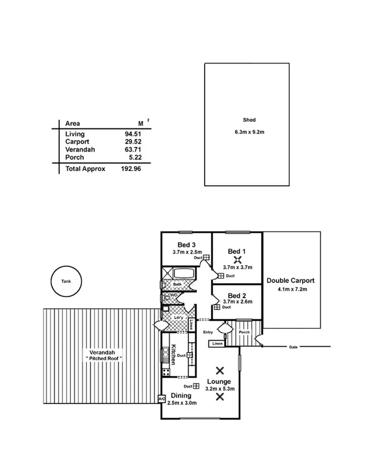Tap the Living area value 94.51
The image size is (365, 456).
pyautogui.click(x=133, y=134)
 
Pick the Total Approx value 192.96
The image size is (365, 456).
pyautogui.click(x=131, y=169)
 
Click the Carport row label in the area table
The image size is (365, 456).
pyautogui.click(x=77, y=141)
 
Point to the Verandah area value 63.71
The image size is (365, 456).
pyautogui.click(x=133, y=149)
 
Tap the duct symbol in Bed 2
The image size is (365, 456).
pyautogui.click(x=217, y=307)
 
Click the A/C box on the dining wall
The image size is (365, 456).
pyautogui.click(x=161, y=399)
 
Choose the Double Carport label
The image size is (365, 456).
pyautogui.click(x=290, y=281)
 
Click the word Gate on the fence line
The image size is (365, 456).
pyautogui.click(x=293, y=347)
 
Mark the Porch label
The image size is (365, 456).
pyautogui.click(x=244, y=333)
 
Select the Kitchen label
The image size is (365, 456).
pyautogui.click(x=174, y=355)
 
